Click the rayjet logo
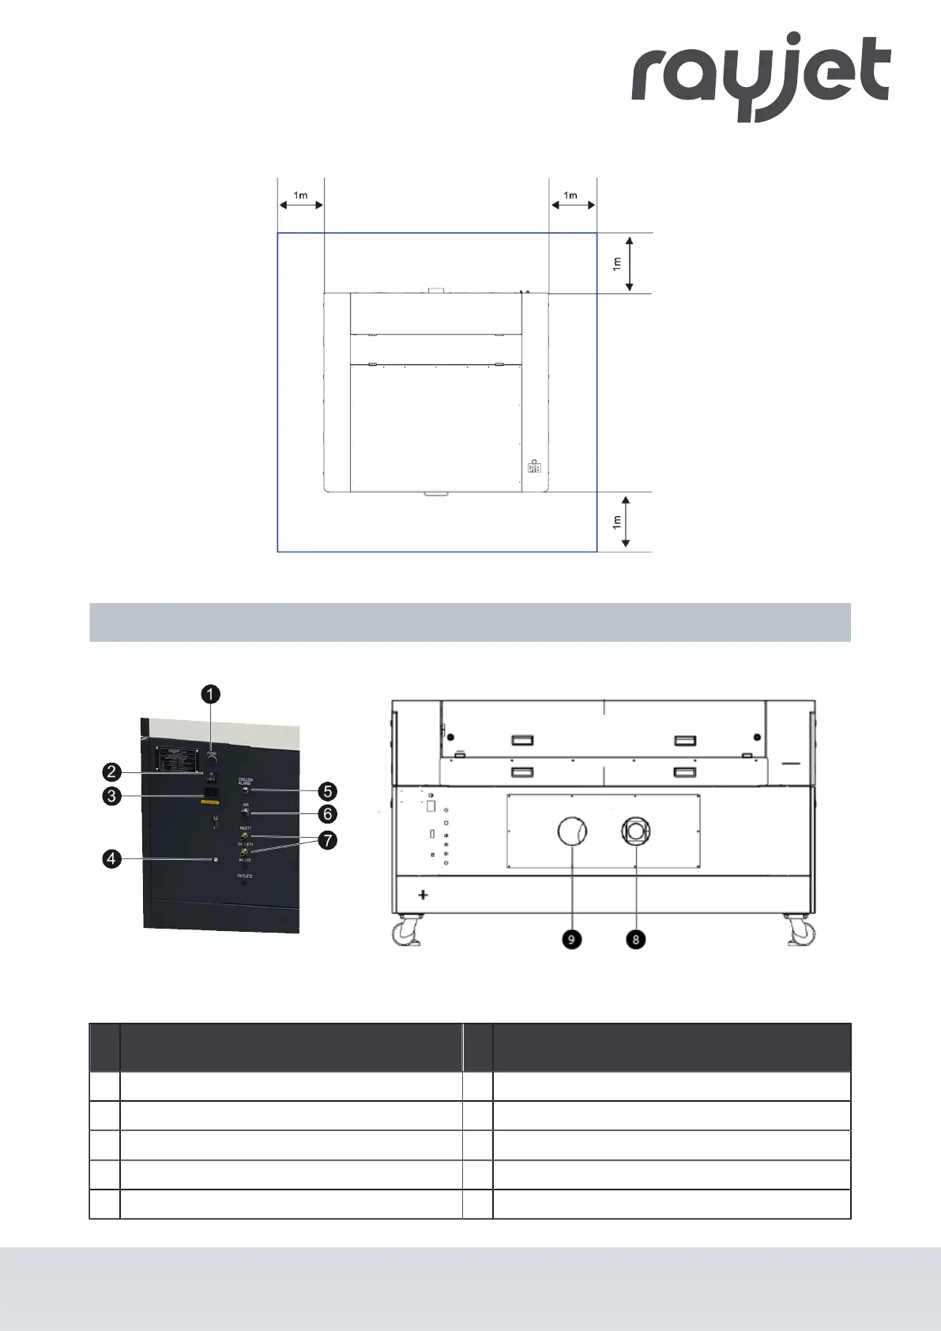tap(760, 76)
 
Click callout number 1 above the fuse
tap(209, 694)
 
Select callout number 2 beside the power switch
tap(111, 772)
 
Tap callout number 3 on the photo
tap(111, 795)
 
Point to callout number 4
tap(111, 858)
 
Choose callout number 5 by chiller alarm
tap(327, 791)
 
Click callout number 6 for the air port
tap(327, 813)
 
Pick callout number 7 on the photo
tap(327, 840)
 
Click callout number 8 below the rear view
tap(635, 939)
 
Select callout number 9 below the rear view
tap(570, 939)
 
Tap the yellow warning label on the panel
tap(209, 802)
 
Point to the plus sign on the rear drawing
tap(423, 895)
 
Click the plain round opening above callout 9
tap(572, 831)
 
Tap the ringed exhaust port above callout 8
tap(635, 831)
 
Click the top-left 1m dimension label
tap(301, 195)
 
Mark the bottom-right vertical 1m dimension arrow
tap(626, 522)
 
